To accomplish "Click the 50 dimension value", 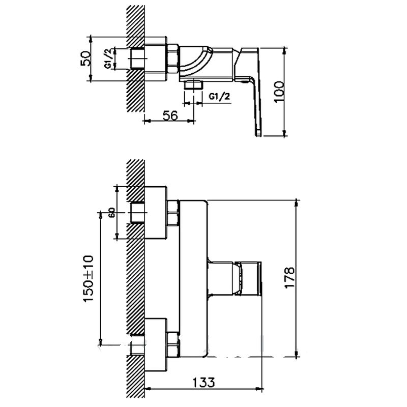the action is [x=86, y=59].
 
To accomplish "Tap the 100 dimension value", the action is [x=279, y=92].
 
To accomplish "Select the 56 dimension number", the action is [x=170, y=115].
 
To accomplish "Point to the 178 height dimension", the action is [x=289, y=277].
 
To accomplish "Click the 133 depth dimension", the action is [x=204, y=382].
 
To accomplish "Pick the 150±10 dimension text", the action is [x=88, y=278].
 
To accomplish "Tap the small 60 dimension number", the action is [x=112, y=213].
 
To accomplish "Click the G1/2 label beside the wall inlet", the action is [x=108, y=59].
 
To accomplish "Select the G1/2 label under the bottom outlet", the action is [x=219, y=97].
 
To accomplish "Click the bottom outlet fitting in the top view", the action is [x=193, y=84].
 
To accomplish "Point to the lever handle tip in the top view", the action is [x=258, y=133].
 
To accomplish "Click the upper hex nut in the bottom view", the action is [x=173, y=213].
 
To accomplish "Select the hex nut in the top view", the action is [x=172, y=59].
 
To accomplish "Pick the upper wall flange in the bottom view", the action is [x=156, y=212].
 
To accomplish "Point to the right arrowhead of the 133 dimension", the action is [x=259, y=389].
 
